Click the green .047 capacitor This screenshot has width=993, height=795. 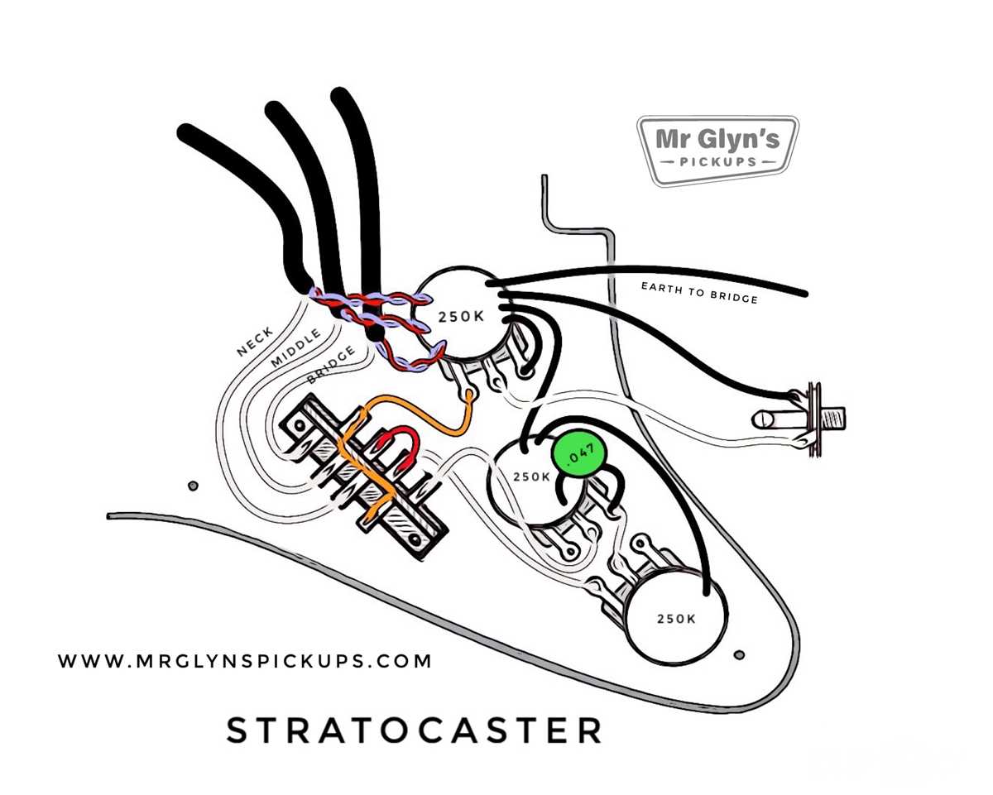pyautogui.click(x=579, y=453)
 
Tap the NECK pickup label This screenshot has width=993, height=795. pyautogui.click(x=255, y=342)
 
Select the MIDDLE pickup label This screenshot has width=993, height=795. pyautogui.click(x=295, y=348)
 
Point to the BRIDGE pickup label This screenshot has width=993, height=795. pyautogui.click(x=331, y=365)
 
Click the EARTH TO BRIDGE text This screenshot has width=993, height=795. pyautogui.click(x=699, y=293)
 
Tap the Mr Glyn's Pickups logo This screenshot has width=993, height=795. pyautogui.click(x=717, y=151)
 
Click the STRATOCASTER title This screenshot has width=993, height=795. pyautogui.click(x=415, y=730)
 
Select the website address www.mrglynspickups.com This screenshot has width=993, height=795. pyautogui.click(x=245, y=661)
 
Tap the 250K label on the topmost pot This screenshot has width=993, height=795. pyautogui.click(x=461, y=317)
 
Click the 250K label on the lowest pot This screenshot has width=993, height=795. pyautogui.click(x=675, y=618)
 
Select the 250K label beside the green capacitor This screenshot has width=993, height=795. pyautogui.click(x=531, y=477)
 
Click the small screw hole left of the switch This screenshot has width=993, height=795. pyautogui.click(x=194, y=486)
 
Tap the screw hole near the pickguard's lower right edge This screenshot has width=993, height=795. pyautogui.click(x=739, y=654)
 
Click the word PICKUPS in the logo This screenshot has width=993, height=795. pyautogui.click(x=717, y=161)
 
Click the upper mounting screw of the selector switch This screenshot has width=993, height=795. pyautogui.click(x=300, y=425)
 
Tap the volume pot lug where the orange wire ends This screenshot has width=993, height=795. pyautogui.click(x=470, y=394)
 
